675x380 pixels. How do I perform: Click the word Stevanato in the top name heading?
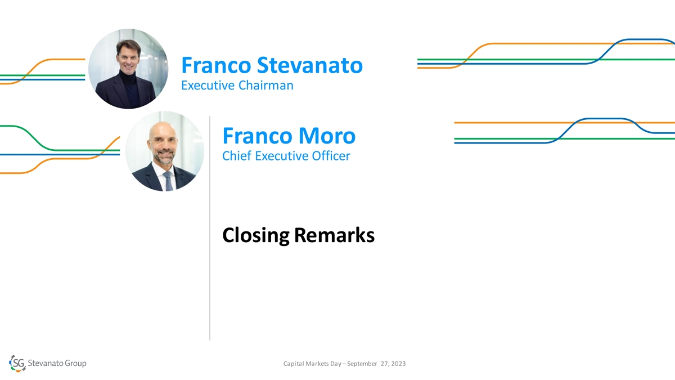[x=310, y=65]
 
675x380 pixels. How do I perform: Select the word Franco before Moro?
[x=258, y=136]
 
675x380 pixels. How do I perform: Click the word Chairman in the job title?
[x=265, y=86]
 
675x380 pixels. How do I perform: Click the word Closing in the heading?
[x=256, y=235]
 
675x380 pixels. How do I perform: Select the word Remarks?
[x=335, y=235]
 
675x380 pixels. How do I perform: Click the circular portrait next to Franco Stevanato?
[x=128, y=69]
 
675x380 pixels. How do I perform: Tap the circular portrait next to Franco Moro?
[x=164, y=151]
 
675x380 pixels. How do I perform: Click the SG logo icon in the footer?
[x=17, y=363]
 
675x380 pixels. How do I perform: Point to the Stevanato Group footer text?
[x=57, y=363]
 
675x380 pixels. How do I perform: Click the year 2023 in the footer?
[x=398, y=364]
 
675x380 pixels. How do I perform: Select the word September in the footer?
[x=362, y=364]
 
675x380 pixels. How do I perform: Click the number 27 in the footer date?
[x=385, y=364]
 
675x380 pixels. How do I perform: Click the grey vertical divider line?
[x=210, y=229]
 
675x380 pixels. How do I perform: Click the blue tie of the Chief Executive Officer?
[x=168, y=181]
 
